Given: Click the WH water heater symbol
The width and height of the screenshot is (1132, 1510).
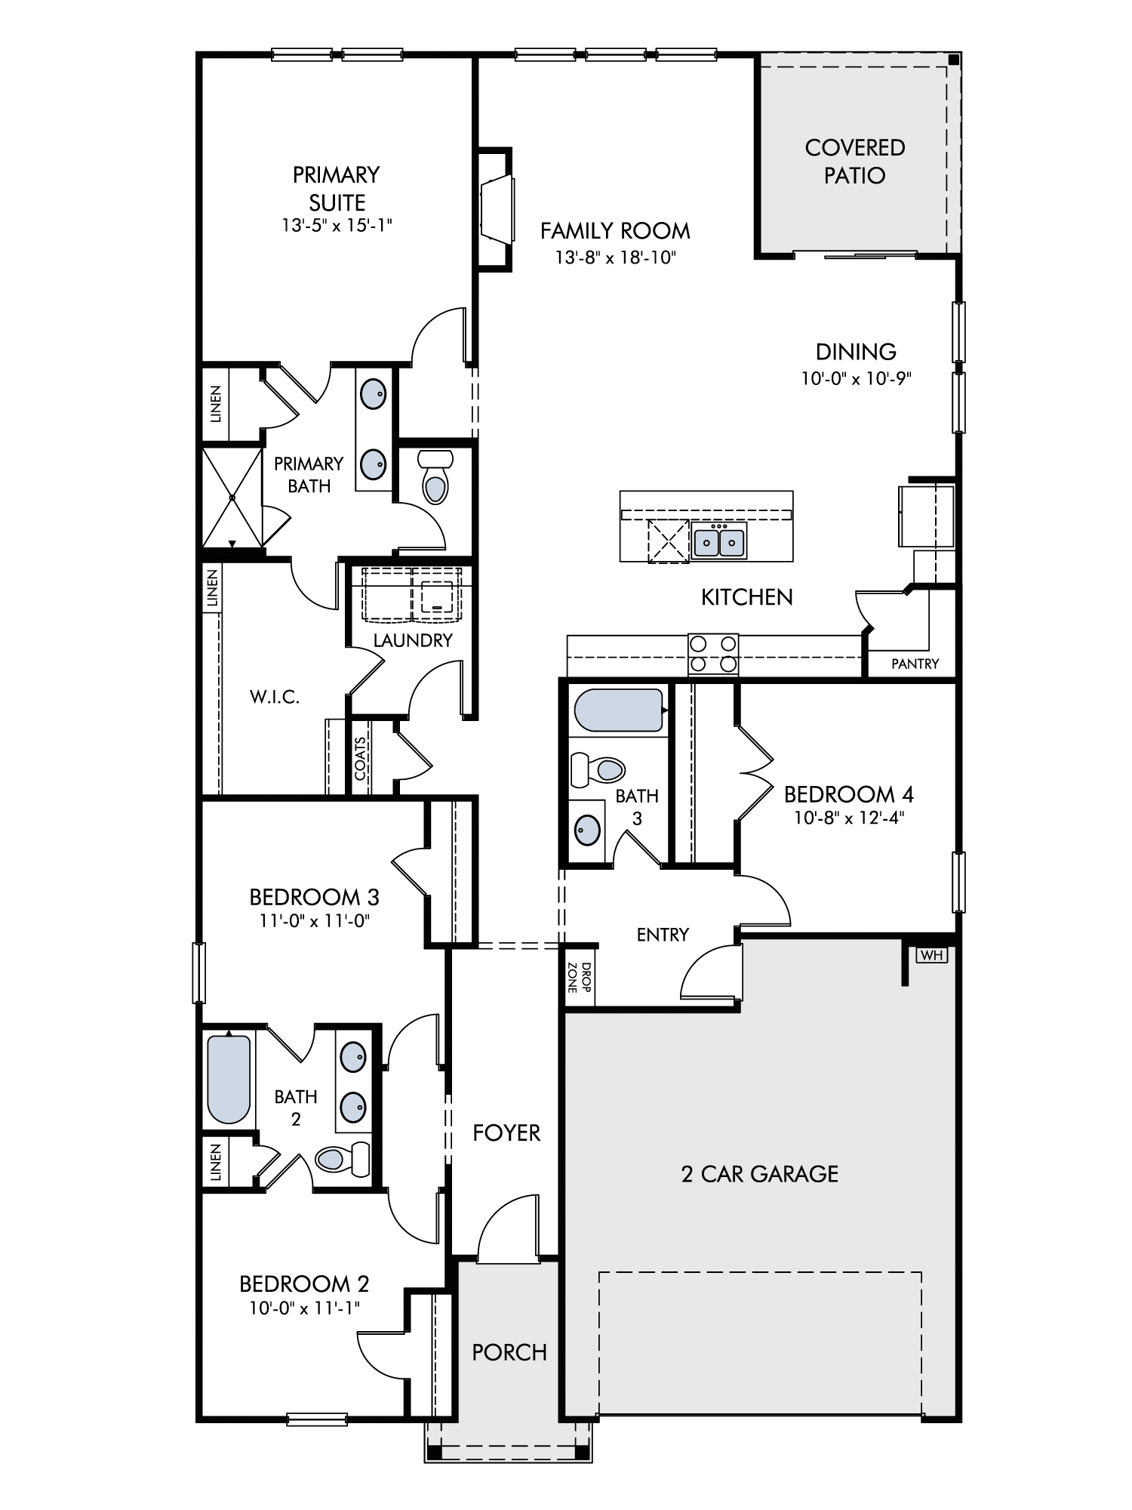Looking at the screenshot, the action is [932, 955].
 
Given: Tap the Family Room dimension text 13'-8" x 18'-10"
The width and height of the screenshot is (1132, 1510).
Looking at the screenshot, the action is [616, 257].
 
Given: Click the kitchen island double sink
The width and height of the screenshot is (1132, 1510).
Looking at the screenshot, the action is [719, 541].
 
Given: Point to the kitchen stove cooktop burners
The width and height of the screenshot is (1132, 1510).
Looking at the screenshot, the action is [713, 654].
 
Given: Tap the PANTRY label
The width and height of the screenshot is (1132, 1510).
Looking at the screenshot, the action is [915, 664].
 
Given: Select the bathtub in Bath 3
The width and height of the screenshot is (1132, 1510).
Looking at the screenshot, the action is [620, 711].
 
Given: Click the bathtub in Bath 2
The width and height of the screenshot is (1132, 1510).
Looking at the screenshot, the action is [229, 1080].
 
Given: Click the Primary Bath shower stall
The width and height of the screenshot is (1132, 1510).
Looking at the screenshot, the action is [232, 498].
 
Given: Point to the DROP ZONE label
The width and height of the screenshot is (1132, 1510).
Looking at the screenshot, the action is [580, 977].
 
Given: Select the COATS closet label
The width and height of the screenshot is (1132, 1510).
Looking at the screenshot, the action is [360, 758].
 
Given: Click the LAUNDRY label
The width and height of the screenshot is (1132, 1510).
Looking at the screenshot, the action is [413, 640].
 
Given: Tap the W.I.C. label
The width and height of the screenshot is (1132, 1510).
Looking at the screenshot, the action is [275, 697].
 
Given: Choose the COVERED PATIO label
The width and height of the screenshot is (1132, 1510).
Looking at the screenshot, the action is [855, 161].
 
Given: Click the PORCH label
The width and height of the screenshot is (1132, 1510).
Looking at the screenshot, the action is [509, 1351].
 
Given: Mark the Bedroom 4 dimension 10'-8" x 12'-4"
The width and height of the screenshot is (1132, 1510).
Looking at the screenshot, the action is [849, 817].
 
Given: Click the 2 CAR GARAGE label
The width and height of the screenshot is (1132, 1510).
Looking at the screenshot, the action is [760, 1173].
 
